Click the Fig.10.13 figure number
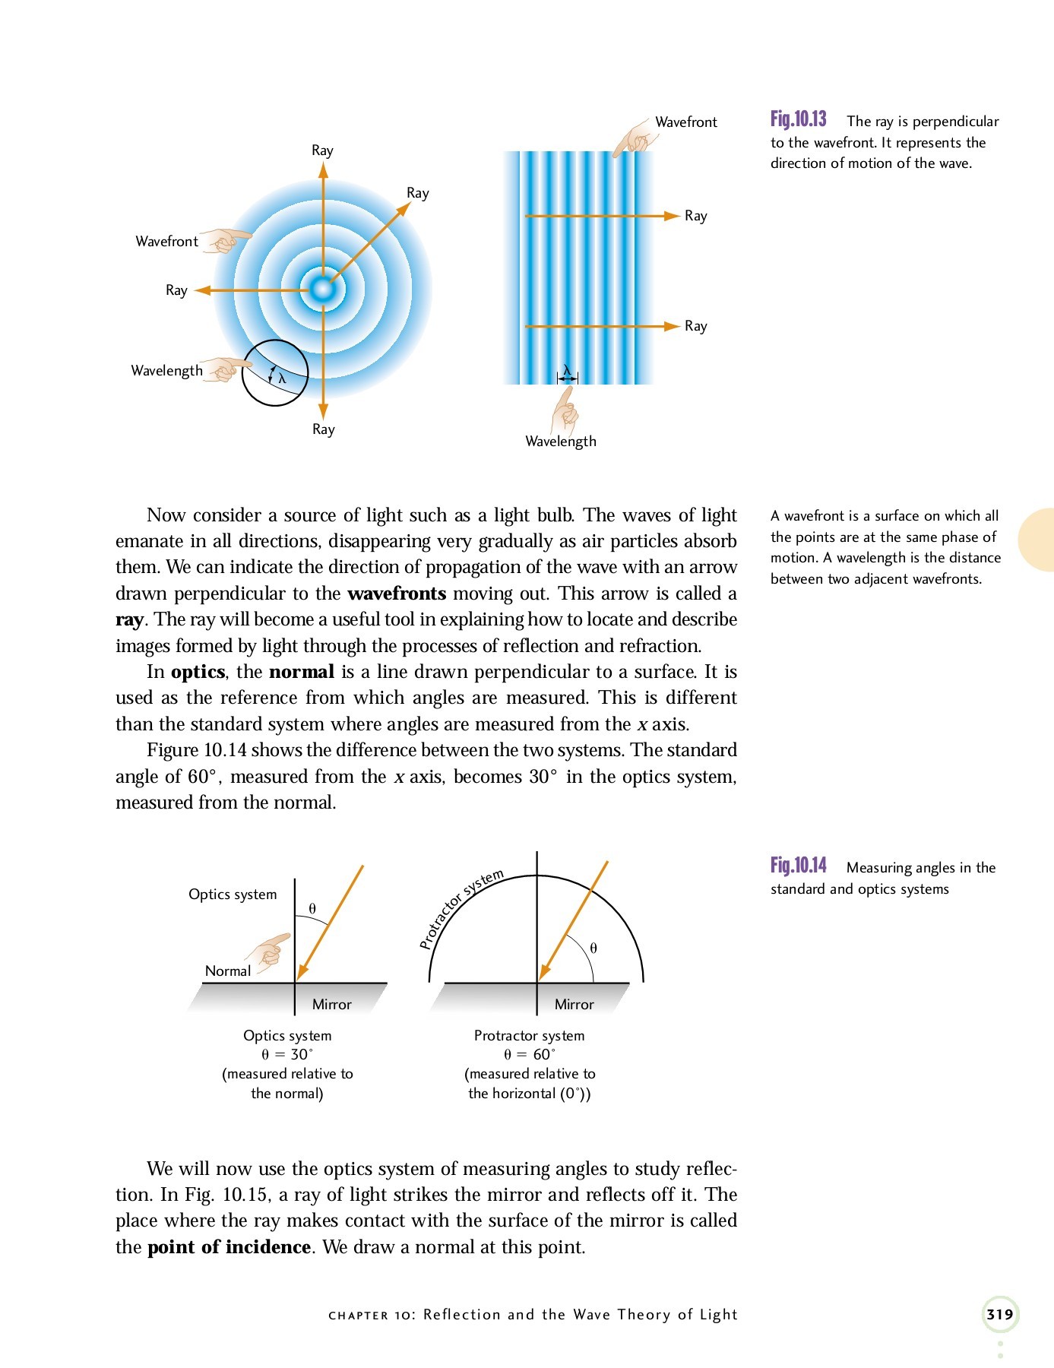coord(798,120)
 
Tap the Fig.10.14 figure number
coord(798,866)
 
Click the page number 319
coord(999,1314)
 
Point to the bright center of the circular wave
coord(323,290)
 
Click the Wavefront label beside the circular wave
coord(166,242)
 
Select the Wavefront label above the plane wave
coord(685,122)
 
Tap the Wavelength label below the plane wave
coord(561,442)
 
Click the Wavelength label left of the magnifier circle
coord(166,371)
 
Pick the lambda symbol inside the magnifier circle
coord(282,378)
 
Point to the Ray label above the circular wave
coord(322,150)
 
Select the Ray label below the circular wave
coord(323,429)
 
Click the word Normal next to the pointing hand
coord(227,971)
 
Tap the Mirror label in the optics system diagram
coord(331,1005)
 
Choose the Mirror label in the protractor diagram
coord(574,1005)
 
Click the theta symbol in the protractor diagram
coord(593,948)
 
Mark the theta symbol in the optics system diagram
coord(312,909)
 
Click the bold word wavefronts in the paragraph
coord(396,594)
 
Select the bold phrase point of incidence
coord(229,1247)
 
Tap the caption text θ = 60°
coord(530,1055)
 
